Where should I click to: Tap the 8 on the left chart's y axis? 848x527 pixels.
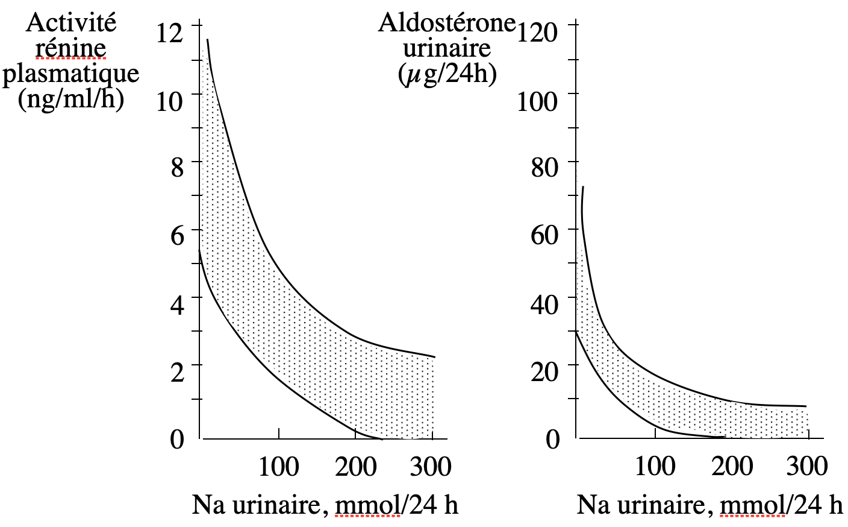[176, 167]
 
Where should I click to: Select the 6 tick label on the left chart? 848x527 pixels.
[176, 235]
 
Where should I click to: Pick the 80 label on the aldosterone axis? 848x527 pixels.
[544, 167]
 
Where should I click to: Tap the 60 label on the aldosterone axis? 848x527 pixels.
[544, 235]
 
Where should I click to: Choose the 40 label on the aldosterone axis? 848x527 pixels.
[544, 303]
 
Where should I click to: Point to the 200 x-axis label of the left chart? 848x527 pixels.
[355, 467]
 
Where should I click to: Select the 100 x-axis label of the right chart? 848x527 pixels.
[655, 467]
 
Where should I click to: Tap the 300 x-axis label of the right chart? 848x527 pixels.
[807, 467]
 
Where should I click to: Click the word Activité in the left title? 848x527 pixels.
[71, 23]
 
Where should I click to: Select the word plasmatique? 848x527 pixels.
[71, 74]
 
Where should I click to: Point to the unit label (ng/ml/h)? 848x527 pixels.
[71, 98]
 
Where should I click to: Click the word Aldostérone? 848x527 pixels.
[447, 23]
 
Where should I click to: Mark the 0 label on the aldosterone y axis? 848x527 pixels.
[552, 439]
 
